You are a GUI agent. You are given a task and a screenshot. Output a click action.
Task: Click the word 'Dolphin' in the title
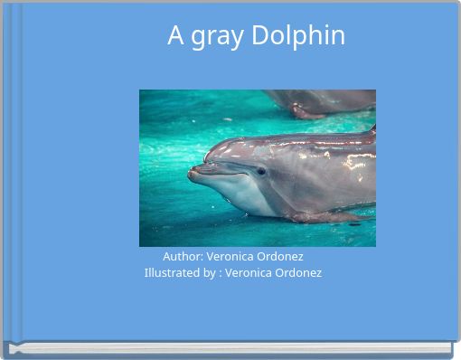[298, 36]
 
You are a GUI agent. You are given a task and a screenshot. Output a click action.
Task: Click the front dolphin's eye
[260, 170]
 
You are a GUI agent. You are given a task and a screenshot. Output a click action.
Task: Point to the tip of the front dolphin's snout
[192, 172]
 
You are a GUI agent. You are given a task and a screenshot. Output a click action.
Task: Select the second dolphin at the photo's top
[321, 101]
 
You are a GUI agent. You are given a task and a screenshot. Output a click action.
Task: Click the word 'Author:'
[183, 257]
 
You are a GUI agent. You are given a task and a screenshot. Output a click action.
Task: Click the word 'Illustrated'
[174, 272]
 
